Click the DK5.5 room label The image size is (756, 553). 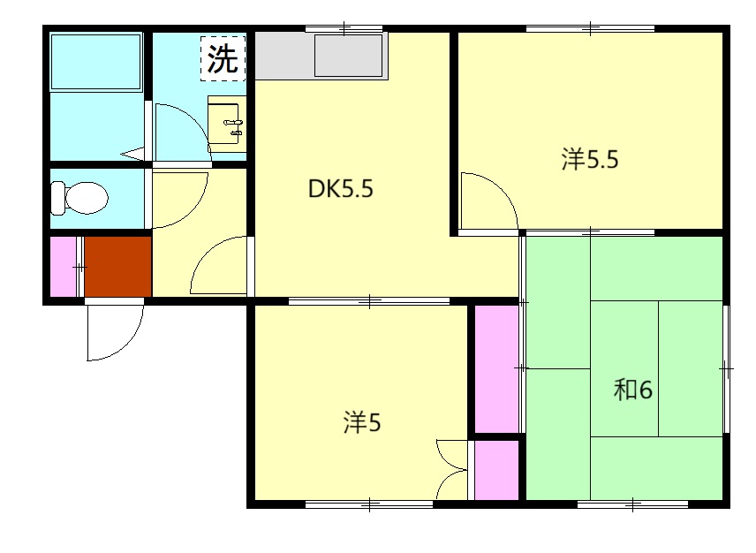(340, 188)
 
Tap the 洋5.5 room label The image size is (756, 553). (590, 159)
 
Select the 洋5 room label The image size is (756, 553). (362, 422)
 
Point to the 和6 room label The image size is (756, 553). (632, 389)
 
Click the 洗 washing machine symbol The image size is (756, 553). (223, 59)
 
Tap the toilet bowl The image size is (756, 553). (80, 198)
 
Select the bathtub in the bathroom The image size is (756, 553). (96, 61)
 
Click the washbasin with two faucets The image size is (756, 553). (227, 124)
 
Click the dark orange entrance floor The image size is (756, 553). (118, 266)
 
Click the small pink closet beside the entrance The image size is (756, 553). (64, 266)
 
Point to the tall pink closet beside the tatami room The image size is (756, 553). (496, 369)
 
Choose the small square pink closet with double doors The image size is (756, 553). (496, 470)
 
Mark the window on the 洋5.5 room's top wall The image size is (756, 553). (590, 29)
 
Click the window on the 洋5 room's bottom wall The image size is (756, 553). (369, 504)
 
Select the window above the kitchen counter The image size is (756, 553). (344, 29)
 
